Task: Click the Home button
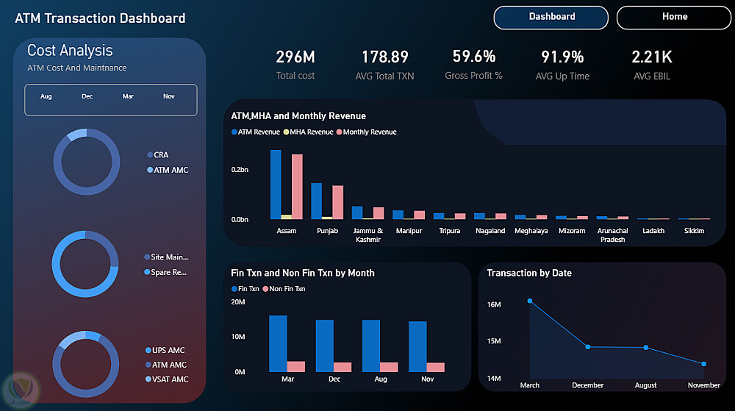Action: (x=673, y=18)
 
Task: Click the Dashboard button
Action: (x=551, y=18)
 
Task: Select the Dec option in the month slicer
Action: (x=87, y=96)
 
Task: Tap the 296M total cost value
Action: (x=295, y=57)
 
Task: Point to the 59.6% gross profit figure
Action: (x=474, y=56)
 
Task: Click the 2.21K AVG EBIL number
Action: (x=651, y=57)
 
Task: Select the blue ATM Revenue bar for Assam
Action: (x=276, y=185)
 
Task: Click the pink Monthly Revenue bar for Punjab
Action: (x=338, y=202)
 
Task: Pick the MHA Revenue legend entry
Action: (x=308, y=132)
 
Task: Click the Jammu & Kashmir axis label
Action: (x=368, y=235)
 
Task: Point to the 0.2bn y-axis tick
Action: (x=240, y=170)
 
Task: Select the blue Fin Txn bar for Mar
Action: (x=278, y=343)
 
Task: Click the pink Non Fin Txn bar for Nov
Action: (x=435, y=368)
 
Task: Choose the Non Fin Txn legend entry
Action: (x=284, y=289)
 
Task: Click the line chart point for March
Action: (x=530, y=301)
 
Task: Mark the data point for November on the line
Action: (x=703, y=364)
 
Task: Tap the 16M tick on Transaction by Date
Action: (x=494, y=304)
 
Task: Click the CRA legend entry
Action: (x=158, y=154)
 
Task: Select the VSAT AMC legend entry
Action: (x=167, y=379)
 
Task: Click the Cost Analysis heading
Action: (x=70, y=50)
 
